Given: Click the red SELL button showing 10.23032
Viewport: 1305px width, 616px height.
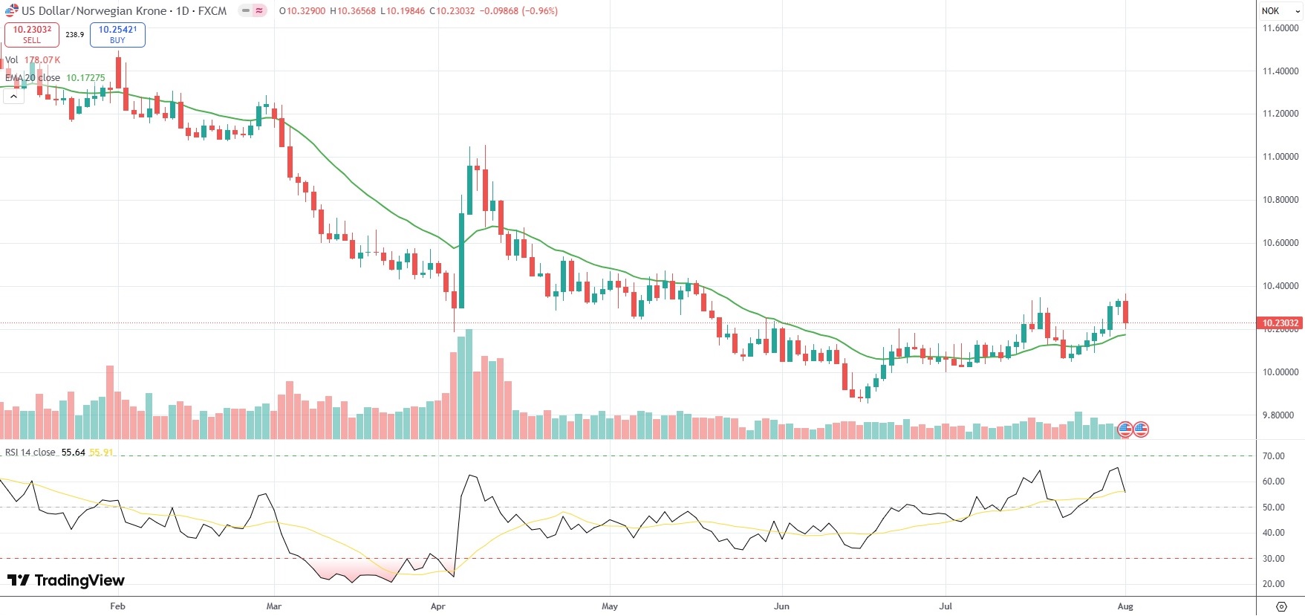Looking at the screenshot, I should pyautogui.click(x=32, y=34).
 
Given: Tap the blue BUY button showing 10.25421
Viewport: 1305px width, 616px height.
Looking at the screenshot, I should pyautogui.click(x=117, y=34).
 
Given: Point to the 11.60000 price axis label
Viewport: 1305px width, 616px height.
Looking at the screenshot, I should pyautogui.click(x=1280, y=28).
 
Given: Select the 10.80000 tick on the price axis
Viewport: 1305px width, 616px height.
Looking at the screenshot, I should pyautogui.click(x=1280, y=200).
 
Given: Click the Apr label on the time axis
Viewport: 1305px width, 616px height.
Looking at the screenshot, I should pyautogui.click(x=438, y=606).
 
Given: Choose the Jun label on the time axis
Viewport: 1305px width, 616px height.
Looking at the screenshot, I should pyautogui.click(x=781, y=606).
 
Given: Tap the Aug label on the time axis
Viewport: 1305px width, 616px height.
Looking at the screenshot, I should pyautogui.click(x=1125, y=606).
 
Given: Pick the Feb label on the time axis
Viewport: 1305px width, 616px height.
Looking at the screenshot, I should pyautogui.click(x=117, y=606).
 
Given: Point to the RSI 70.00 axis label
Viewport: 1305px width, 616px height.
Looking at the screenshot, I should pyautogui.click(x=1274, y=456).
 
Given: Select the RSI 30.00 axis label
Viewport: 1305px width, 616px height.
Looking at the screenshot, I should pyautogui.click(x=1274, y=559).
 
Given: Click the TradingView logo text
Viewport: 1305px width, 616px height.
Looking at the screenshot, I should pyautogui.click(x=67, y=580).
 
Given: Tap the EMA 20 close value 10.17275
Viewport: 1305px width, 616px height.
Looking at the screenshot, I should pyautogui.click(x=85, y=77).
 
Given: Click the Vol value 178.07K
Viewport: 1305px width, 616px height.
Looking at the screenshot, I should pyautogui.click(x=42, y=60).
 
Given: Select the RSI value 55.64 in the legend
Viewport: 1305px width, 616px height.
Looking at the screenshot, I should pyautogui.click(x=73, y=453).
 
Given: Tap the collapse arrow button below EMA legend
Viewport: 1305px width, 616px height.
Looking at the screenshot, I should pyautogui.click(x=13, y=97).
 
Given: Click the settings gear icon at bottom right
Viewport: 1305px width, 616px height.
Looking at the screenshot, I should pyautogui.click(x=1281, y=606).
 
